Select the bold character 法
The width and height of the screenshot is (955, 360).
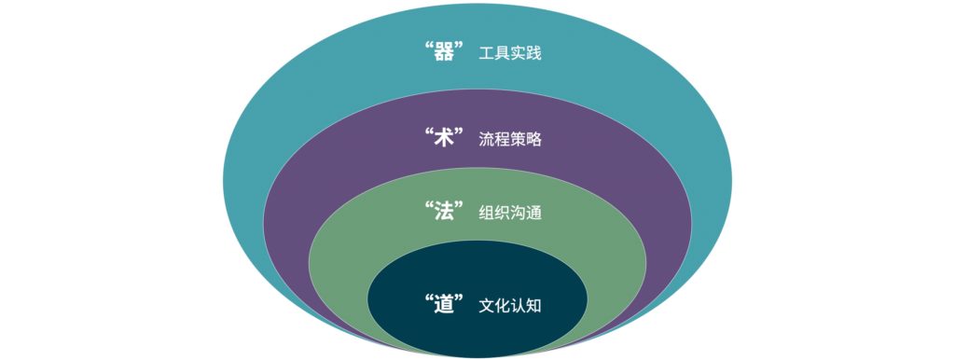point(444,212)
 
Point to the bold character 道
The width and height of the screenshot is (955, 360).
point(444,304)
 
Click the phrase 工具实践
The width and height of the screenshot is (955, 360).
point(510,54)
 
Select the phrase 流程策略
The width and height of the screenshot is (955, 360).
point(510,140)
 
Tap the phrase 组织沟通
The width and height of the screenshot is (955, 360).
point(510,214)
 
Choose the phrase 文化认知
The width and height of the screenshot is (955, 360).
point(510,306)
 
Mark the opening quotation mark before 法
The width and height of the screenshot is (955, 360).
point(427,204)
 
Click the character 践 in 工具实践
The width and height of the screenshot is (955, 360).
point(534,54)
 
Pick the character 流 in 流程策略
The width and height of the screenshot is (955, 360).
point(486,140)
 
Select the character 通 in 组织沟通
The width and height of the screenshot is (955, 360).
point(534,214)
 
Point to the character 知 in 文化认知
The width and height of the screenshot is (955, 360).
point(534,306)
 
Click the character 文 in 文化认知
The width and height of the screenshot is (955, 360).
point(486,306)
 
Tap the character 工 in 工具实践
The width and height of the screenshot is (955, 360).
point(486,54)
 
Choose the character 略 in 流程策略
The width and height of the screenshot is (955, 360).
point(534,140)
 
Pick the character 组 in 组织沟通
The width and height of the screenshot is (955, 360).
point(486,214)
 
